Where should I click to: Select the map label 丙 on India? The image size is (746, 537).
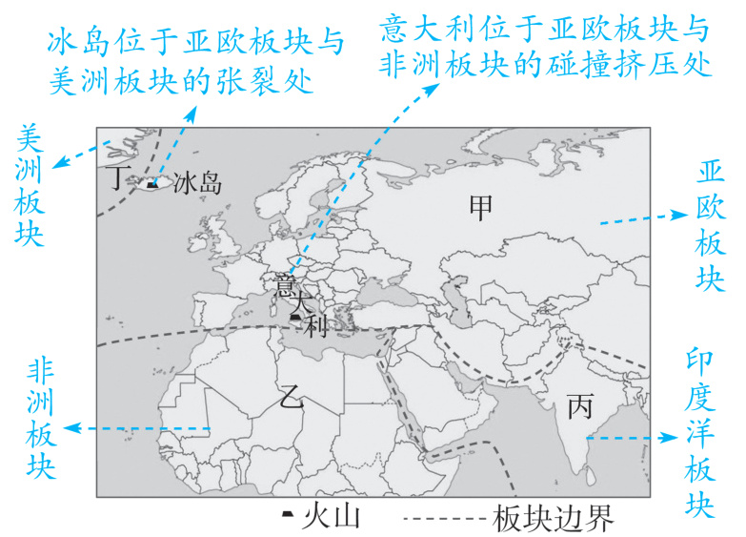(579, 409)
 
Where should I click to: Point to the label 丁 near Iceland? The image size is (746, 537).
(116, 178)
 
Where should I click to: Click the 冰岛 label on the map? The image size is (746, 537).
(198, 183)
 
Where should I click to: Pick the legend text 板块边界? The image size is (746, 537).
(554, 519)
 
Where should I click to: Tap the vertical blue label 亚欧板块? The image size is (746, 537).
(712, 224)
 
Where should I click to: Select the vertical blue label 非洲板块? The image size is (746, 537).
(40, 420)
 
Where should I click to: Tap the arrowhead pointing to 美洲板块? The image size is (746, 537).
(56, 161)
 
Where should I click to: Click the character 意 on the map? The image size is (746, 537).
(283, 285)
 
